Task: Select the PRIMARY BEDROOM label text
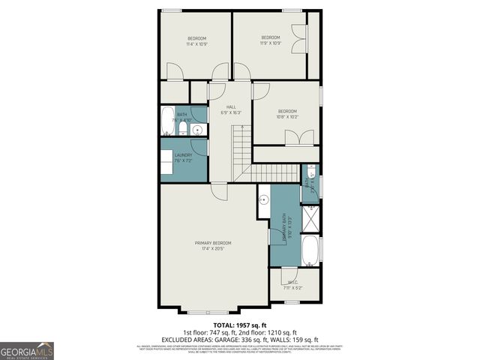point(213,243)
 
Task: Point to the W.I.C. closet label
point(293,283)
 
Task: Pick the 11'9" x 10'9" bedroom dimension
point(270,43)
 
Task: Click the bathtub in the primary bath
point(310,250)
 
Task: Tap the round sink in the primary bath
point(264,200)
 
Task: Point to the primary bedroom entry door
point(218,191)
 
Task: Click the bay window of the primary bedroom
point(213,310)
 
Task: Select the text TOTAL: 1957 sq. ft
point(240,325)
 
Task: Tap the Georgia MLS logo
point(26,350)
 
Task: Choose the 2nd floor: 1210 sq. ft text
point(268,332)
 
